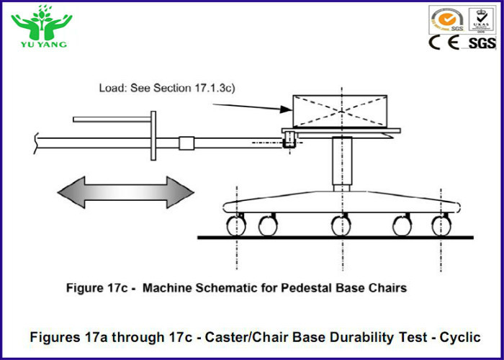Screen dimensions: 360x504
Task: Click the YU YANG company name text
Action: pos(42,44)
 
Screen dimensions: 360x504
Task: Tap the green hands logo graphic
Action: pos(41,22)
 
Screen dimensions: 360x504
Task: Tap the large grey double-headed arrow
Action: pos(126,192)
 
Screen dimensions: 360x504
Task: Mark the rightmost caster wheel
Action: pos(441,225)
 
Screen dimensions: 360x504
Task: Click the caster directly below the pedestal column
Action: pos(339,225)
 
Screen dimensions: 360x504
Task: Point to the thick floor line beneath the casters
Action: pos(338,238)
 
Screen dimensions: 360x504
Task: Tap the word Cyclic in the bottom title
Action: pos(461,336)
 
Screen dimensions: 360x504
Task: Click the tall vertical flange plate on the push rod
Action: pos(153,136)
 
